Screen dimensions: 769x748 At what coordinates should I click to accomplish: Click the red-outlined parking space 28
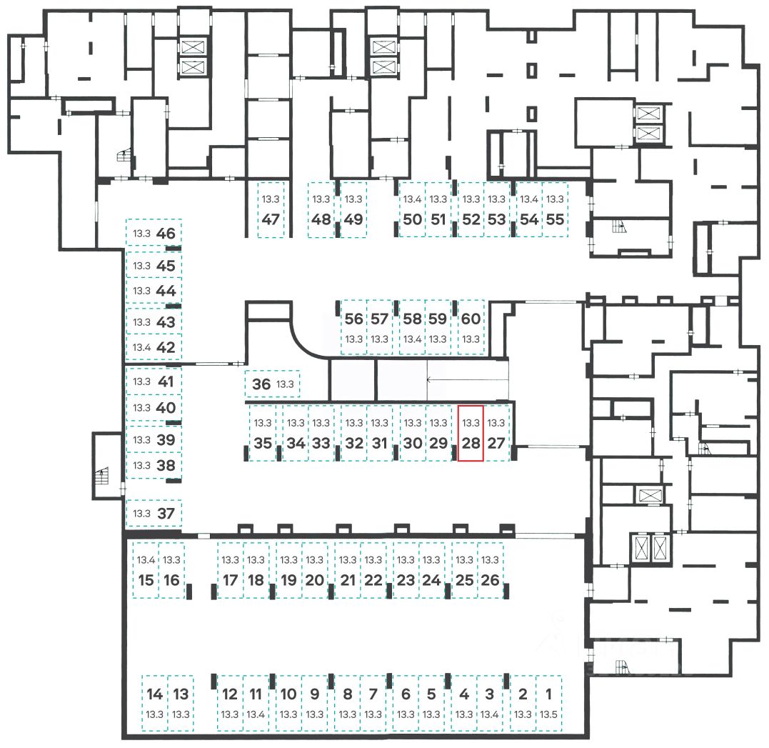tap(471, 434)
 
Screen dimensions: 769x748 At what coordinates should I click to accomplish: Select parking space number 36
tap(272, 384)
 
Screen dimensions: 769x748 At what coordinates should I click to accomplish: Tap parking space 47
tap(271, 210)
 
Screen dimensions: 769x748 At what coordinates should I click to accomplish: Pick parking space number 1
tap(549, 703)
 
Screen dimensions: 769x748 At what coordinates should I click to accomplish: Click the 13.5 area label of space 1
tap(549, 714)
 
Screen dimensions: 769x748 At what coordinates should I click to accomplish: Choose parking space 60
tap(471, 327)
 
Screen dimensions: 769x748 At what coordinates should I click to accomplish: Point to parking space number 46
tap(154, 233)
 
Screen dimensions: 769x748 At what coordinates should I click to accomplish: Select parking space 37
tap(154, 514)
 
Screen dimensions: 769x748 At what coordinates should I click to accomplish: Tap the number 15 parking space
tap(146, 570)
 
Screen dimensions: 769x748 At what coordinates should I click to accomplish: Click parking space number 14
tap(154, 703)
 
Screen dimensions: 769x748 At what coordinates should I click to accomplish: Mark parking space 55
tap(556, 210)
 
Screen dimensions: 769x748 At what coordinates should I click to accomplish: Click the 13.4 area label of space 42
tap(141, 347)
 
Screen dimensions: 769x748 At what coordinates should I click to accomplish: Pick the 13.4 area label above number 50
tap(413, 199)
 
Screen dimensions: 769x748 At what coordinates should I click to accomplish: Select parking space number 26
tap(490, 570)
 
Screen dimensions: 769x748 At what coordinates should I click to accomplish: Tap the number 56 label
tap(353, 319)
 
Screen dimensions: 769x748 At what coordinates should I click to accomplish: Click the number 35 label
tap(263, 443)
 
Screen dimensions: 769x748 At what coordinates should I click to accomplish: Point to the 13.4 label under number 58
tap(413, 339)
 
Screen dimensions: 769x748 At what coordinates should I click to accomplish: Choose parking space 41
tap(154, 382)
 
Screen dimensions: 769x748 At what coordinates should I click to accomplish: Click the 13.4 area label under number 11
tap(256, 714)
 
